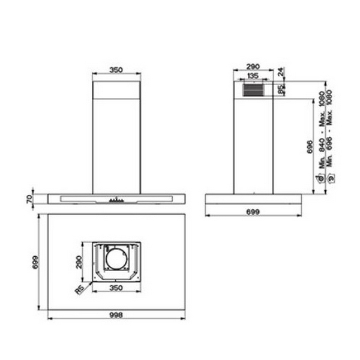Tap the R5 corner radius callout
pos(79,290)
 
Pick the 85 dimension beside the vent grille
pos(281,89)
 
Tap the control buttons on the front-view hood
pos(115,200)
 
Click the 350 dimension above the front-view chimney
pos(116,70)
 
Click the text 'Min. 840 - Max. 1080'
pos(322,129)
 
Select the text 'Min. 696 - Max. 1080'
pos(329,129)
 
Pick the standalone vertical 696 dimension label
pos(310,148)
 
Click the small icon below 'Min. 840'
pos(322,178)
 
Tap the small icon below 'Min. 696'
pos(329,178)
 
